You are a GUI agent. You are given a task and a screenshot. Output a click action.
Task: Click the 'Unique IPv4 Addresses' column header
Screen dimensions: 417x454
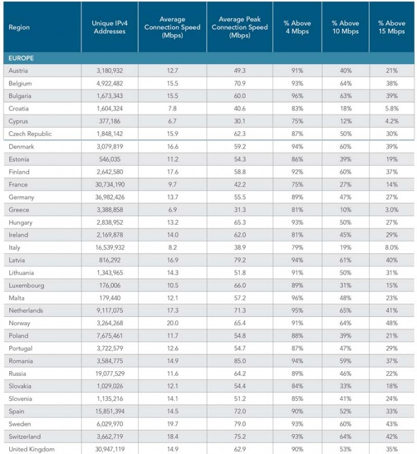click(x=110, y=27)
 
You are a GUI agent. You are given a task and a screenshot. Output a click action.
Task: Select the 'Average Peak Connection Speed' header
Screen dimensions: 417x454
click(x=240, y=27)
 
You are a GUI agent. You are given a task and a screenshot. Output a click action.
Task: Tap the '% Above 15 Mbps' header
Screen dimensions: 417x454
click(x=391, y=27)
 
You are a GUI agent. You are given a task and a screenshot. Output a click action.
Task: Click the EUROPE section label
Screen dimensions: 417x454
click(x=21, y=58)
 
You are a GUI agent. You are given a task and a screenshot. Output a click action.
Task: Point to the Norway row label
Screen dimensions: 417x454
click(x=19, y=323)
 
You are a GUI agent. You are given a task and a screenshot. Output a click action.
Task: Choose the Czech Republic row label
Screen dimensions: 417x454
click(x=30, y=134)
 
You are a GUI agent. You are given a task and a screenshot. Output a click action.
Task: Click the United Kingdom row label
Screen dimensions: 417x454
click(x=31, y=449)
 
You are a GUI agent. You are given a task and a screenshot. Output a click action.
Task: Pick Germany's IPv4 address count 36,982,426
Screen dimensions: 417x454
click(x=110, y=197)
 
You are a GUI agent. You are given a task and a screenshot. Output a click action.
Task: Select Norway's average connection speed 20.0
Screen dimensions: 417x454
click(x=173, y=323)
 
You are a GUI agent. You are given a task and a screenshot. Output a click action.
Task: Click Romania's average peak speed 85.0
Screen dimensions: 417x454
click(x=240, y=361)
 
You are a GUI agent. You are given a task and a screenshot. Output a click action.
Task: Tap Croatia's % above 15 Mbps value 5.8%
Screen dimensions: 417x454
click(x=391, y=109)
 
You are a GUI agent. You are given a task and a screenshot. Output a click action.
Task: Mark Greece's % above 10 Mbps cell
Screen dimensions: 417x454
click(x=345, y=210)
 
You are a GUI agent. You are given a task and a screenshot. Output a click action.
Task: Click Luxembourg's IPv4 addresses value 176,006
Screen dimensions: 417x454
click(x=110, y=285)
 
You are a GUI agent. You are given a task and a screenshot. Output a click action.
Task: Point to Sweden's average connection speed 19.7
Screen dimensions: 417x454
click(x=173, y=424)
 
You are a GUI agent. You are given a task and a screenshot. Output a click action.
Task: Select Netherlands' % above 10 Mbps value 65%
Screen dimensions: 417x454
click(x=345, y=310)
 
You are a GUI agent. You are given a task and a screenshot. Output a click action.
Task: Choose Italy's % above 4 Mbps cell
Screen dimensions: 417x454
click(x=297, y=247)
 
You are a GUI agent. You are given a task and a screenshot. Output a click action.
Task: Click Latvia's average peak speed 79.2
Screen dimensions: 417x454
click(x=240, y=260)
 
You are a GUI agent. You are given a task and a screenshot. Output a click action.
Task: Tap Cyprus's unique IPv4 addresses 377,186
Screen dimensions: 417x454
click(x=110, y=121)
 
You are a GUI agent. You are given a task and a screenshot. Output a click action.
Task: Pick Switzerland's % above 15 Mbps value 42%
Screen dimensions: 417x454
click(x=391, y=436)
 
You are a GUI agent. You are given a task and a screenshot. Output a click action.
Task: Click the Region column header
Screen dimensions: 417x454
click(x=19, y=27)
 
